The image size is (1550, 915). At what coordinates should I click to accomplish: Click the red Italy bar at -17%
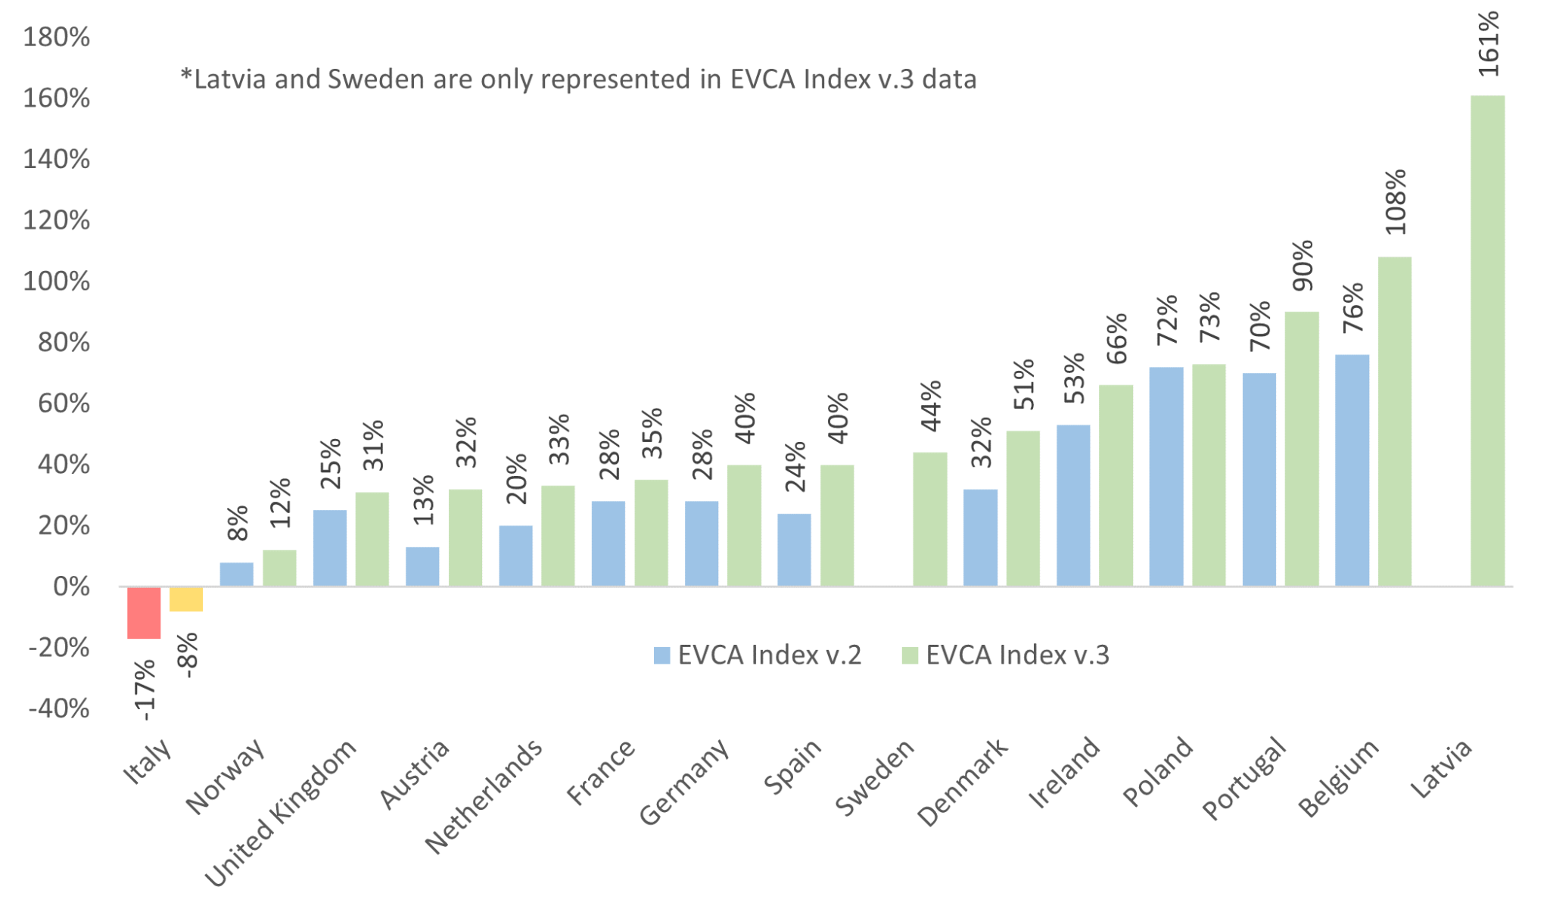(144, 612)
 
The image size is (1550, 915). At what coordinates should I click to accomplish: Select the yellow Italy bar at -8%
(186, 599)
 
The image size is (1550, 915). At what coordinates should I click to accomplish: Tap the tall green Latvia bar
(1487, 341)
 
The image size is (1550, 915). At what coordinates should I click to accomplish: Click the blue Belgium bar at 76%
(1352, 470)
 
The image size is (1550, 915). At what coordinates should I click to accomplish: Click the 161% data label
(1488, 44)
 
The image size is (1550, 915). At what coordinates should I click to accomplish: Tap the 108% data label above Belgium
(1395, 202)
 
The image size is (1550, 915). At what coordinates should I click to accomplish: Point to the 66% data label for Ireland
(1116, 338)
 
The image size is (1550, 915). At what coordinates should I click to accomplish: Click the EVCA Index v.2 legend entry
(757, 655)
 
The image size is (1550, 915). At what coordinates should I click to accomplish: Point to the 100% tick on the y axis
(56, 282)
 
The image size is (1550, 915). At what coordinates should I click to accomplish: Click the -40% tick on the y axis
(59, 709)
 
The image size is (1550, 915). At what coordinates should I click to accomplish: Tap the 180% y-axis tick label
(56, 37)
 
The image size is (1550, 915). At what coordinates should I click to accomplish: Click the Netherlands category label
(484, 796)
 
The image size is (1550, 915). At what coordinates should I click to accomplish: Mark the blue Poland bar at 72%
(1166, 477)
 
